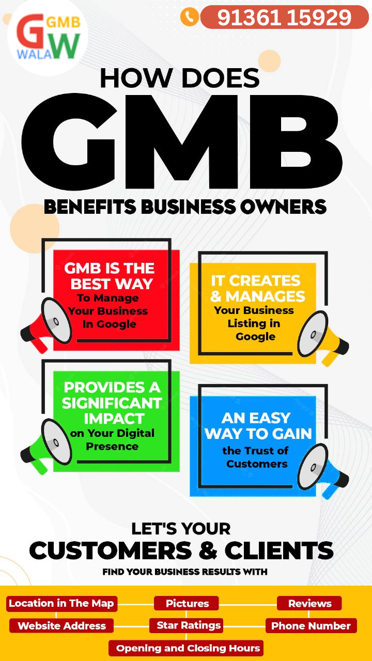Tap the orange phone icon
189,17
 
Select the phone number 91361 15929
284,18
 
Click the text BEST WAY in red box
112,284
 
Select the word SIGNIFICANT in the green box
112,403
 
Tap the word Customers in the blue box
257,464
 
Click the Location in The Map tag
61,603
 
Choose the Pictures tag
187,603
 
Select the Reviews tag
309,603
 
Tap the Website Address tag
61,626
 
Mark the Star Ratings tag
189,625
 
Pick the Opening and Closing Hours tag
188,648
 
